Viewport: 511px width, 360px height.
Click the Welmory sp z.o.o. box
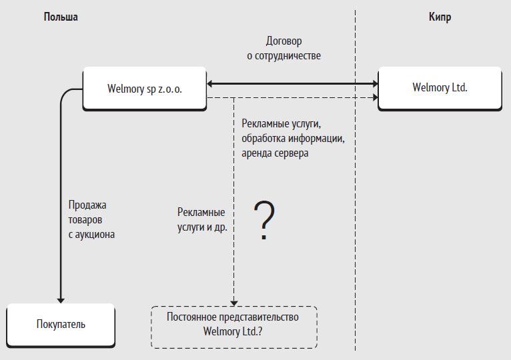coord(145,89)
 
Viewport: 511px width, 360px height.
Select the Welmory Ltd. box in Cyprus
coord(440,89)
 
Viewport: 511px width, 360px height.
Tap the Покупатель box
coord(61,325)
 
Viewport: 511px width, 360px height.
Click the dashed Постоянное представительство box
coord(234,327)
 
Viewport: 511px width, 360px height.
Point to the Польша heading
coord(61,17)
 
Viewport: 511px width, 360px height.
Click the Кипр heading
coord(440,17)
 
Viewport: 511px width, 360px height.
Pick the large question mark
coord(264,220)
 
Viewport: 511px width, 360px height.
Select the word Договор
coord(284,41)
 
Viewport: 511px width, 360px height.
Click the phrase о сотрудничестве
coord(284,56)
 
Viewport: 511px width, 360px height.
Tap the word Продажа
coord(87,205)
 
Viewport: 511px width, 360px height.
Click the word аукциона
coord(95,235)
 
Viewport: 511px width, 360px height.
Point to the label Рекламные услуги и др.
coord(202,219)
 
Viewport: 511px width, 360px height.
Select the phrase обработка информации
coord(293,139)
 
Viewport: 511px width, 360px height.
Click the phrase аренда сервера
coord(275,153)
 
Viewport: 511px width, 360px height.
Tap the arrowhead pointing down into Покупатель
coord(61,301)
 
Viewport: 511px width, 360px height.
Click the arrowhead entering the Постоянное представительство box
coord(234,303)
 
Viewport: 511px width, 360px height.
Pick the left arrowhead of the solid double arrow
coord(210,84)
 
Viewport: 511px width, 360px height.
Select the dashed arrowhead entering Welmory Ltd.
coord(375,97)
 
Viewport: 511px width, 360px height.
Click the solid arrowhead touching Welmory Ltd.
coord(375,84)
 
